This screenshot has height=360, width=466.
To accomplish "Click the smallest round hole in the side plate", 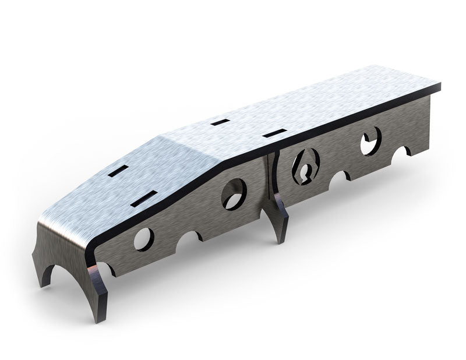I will (x=143, y=239).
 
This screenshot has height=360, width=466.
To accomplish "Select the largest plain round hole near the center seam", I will (x=234, y=193).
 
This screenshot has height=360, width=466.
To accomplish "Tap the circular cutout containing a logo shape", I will (x=305, y=165).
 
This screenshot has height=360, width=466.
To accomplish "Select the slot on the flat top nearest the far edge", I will (x=218, y=122).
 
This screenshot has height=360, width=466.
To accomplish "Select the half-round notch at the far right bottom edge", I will (x=401, y=153).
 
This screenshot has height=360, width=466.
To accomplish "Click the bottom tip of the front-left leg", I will (x=44, y=284).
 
